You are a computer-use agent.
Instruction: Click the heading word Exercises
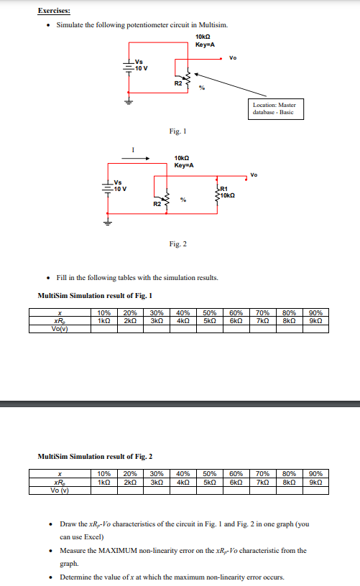[x=55, y=11]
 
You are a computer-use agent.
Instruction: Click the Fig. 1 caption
[x=177, y=130]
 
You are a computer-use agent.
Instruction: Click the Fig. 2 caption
[x=178, y=244]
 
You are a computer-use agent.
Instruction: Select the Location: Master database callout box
[x=274, y=108]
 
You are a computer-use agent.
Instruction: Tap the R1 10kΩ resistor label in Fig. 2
[x=225, y=192]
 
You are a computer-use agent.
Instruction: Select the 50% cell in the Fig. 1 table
[x=210, y=312]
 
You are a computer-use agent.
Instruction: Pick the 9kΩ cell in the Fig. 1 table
[x=315, y=320]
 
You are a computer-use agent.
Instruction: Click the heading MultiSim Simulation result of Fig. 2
[x=95, y=456]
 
